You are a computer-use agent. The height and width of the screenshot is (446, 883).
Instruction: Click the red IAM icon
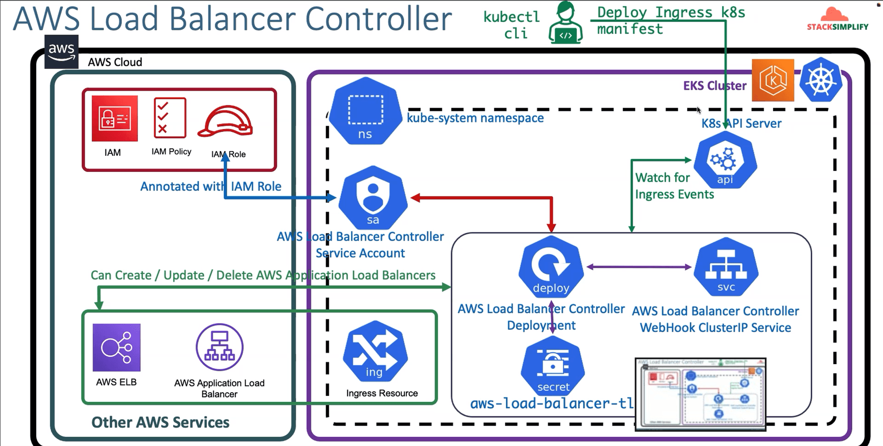coord(115,118)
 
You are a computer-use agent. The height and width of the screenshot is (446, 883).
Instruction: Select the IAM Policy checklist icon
coord(170,118)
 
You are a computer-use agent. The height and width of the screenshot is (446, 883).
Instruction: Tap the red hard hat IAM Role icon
coord(225,122)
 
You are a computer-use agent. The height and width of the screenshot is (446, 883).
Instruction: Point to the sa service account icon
coord(373,197)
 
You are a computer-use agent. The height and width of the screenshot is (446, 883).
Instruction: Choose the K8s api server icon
coord(725,160)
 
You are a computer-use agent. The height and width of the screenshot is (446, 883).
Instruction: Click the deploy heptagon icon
coord(551,267)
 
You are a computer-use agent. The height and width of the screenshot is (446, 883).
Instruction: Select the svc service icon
coord(726,267)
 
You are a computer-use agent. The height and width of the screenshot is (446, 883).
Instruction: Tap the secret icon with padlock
coord(553,366)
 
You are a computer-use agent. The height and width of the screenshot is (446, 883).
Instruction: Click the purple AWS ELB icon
coord(116,348)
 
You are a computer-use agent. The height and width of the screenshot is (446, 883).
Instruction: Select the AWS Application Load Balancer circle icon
coord(219,347)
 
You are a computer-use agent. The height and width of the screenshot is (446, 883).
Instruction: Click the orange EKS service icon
coord(773,81)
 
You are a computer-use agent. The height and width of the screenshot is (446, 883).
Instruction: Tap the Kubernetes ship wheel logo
coord(820,80)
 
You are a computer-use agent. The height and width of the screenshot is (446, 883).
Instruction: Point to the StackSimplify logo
coord(837,20)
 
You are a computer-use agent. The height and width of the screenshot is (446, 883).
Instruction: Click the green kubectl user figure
coord(566,23)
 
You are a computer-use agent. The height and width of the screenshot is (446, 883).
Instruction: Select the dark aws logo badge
coord(62,52)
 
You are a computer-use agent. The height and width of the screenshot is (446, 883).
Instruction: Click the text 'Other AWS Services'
coord(160,423)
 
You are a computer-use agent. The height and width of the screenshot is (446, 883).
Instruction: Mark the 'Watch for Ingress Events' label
coord(674,186)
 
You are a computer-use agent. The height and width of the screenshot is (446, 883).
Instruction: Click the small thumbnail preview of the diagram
coord(700,394)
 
